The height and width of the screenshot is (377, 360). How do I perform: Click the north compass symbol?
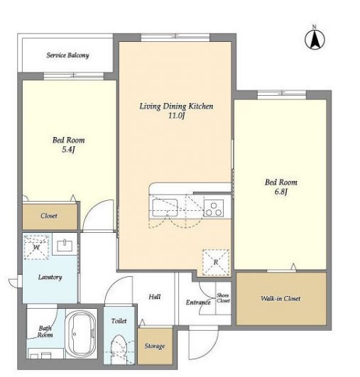click(315, 38)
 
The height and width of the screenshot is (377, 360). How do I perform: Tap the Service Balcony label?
click(68, 55)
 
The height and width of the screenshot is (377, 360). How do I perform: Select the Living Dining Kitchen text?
click(176, 106)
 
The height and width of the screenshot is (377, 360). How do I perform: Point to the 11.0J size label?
click(176, 116)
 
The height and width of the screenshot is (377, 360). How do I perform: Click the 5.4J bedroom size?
click(69, 150)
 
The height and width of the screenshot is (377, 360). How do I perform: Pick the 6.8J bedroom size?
click(281, 192)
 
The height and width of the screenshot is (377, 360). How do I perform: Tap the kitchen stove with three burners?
click(214, 209)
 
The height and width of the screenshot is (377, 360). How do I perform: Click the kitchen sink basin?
click(165, 207)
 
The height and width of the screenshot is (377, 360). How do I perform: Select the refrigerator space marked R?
click(216, 262)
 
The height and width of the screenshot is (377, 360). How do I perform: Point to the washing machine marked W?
click(36, 247)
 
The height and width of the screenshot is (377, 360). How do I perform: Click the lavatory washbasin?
click(65, 246)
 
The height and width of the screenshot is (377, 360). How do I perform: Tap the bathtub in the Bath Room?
click(81, 334)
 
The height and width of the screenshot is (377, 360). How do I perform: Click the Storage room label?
click(155, 346)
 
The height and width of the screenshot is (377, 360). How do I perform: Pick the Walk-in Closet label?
click(280, 299)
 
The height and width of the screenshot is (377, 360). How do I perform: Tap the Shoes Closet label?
click(223, 298)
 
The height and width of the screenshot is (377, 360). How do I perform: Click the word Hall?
click(154, 297)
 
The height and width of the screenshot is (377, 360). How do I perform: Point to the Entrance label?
click(198, 302)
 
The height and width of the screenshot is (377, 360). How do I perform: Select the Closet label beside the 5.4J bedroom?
click(49, 216)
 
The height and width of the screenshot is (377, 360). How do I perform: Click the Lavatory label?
click(50, 277)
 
